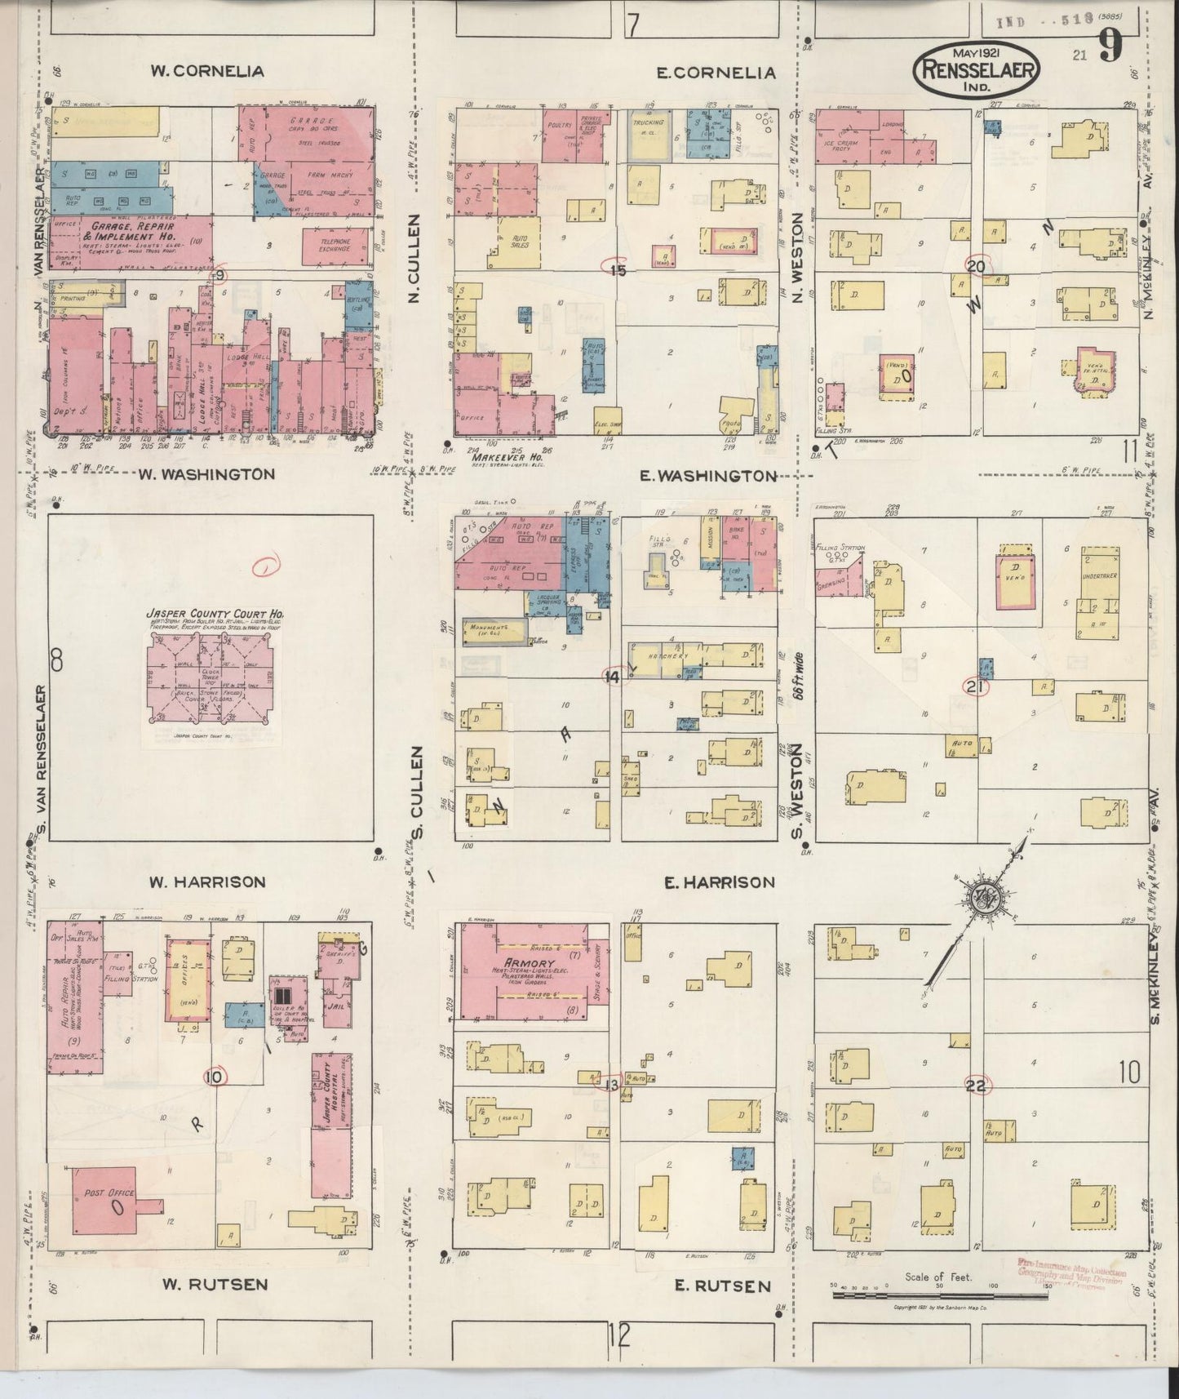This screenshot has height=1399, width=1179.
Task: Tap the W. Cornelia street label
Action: coord(207,71)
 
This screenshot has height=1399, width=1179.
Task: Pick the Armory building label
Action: coord(530,963)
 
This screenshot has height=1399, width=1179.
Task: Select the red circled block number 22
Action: coord(977,1085)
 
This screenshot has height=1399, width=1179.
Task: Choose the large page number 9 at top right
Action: coord(1109,45)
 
